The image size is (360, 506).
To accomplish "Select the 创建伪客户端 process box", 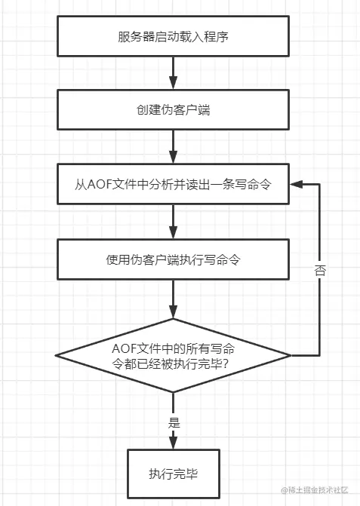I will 173,109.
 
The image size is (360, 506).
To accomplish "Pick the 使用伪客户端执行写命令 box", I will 173,259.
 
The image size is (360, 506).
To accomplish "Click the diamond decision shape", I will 173,355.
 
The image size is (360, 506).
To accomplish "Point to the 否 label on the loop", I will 320,271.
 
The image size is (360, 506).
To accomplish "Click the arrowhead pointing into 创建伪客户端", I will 173,84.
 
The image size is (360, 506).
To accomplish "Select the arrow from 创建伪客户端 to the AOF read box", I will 173,147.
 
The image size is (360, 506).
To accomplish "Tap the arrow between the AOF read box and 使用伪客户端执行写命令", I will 173,222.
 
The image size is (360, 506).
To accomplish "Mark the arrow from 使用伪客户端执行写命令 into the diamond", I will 173,298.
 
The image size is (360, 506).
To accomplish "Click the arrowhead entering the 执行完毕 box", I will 173,444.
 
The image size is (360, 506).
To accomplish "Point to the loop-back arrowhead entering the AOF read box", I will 299,184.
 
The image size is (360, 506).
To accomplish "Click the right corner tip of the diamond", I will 291,355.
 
